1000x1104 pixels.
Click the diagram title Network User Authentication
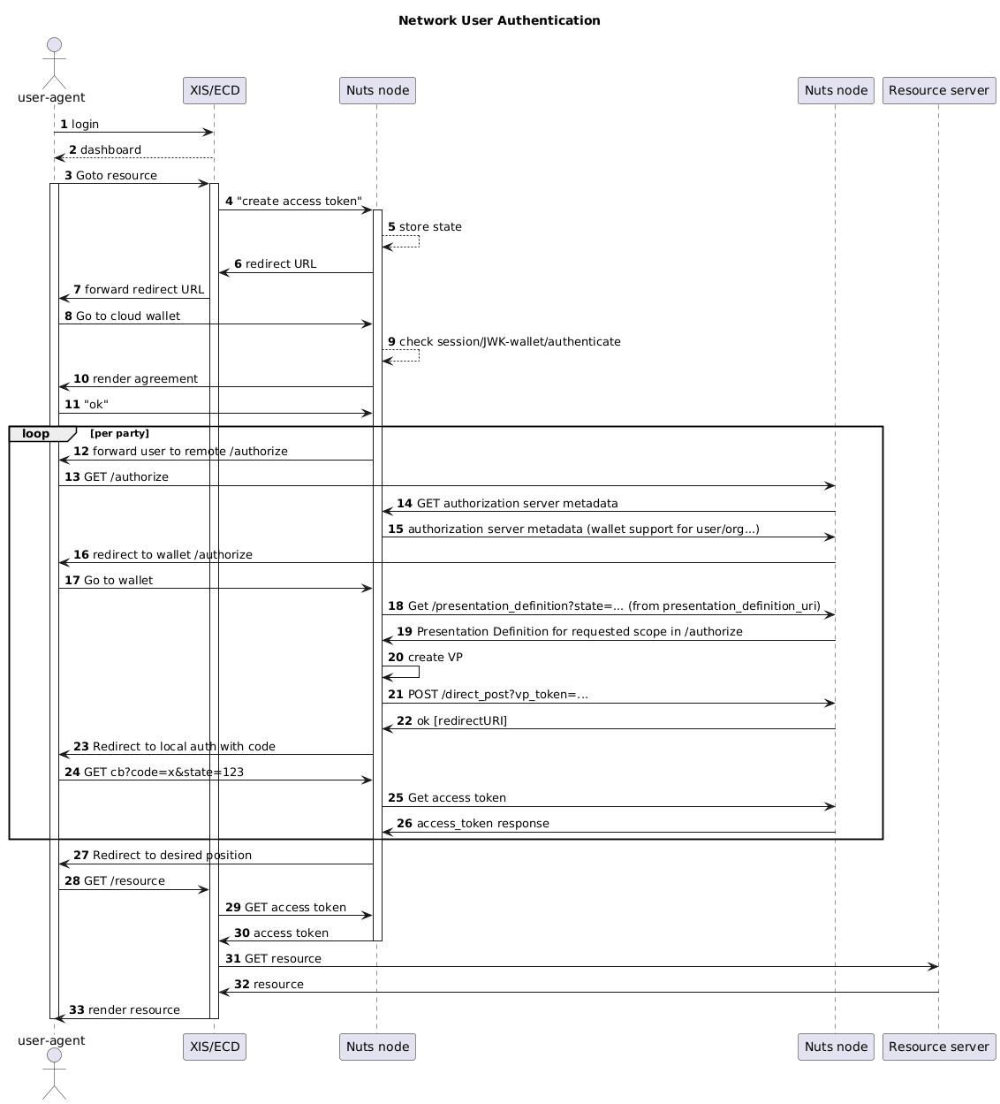(499, 20)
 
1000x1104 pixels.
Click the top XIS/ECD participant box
(215, 90)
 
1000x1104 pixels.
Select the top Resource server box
(938, 90)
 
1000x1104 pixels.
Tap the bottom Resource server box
(938, 1047)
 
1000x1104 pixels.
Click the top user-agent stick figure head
(54, 45)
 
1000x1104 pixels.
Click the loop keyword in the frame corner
(37, 434)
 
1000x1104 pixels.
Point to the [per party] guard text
(119, 434)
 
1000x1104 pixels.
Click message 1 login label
(85, 125)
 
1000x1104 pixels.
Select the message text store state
(430, 227)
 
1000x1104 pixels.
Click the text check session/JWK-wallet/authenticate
(510, 341)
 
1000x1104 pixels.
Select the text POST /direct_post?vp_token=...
(497, 695)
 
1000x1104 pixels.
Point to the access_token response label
(482, 824)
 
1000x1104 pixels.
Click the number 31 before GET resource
(233, 959)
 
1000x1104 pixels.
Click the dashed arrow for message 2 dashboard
(133, 158)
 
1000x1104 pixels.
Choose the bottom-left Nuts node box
(377, 1047)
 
